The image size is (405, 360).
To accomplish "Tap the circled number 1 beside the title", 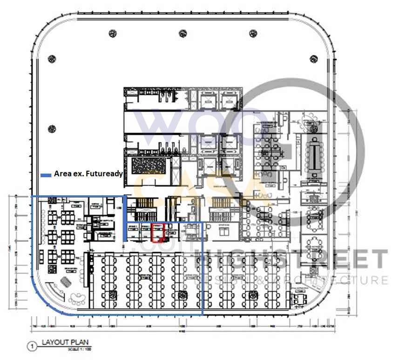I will pos(32,346).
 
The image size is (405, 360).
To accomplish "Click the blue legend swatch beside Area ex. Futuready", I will pos(46,175).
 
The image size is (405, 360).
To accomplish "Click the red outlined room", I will pos(158,233).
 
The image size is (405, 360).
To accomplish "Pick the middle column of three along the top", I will pos(182,33).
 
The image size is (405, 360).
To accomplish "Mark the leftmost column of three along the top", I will pos(112,33).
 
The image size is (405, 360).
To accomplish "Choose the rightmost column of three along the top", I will pos(253,33).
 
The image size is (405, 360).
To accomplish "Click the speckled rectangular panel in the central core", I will pos(150,166).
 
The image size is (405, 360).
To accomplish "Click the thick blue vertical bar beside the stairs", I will pos(125,219).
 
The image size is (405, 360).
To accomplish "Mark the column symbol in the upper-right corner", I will pos(313,59).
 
